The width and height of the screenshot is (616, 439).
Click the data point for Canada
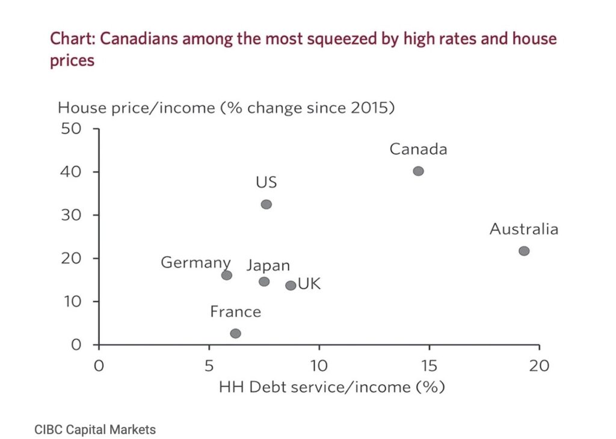tap(418, 171)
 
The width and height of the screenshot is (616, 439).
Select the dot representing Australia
tap(524, 251)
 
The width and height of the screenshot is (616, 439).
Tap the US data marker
tap(266, 204)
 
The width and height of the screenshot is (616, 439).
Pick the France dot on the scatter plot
tap(235, 333)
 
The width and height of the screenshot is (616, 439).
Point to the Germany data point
tap(227, 275)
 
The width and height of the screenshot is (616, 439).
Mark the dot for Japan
tap(264, 281)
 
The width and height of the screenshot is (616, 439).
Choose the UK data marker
tap(291, 286)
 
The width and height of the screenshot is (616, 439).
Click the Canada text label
tap(418, 149)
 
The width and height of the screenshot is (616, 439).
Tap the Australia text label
tap(523, 229)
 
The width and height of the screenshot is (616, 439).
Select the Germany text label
tap(196, 263)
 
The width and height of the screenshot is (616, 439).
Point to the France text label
tap(235, 312)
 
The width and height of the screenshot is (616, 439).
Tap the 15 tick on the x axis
tap(429, 366)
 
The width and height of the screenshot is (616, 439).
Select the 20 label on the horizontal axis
tap(539, 366)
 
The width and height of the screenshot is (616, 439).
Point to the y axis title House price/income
tap(226, 108)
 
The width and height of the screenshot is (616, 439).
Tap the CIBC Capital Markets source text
tap(95, 429)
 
